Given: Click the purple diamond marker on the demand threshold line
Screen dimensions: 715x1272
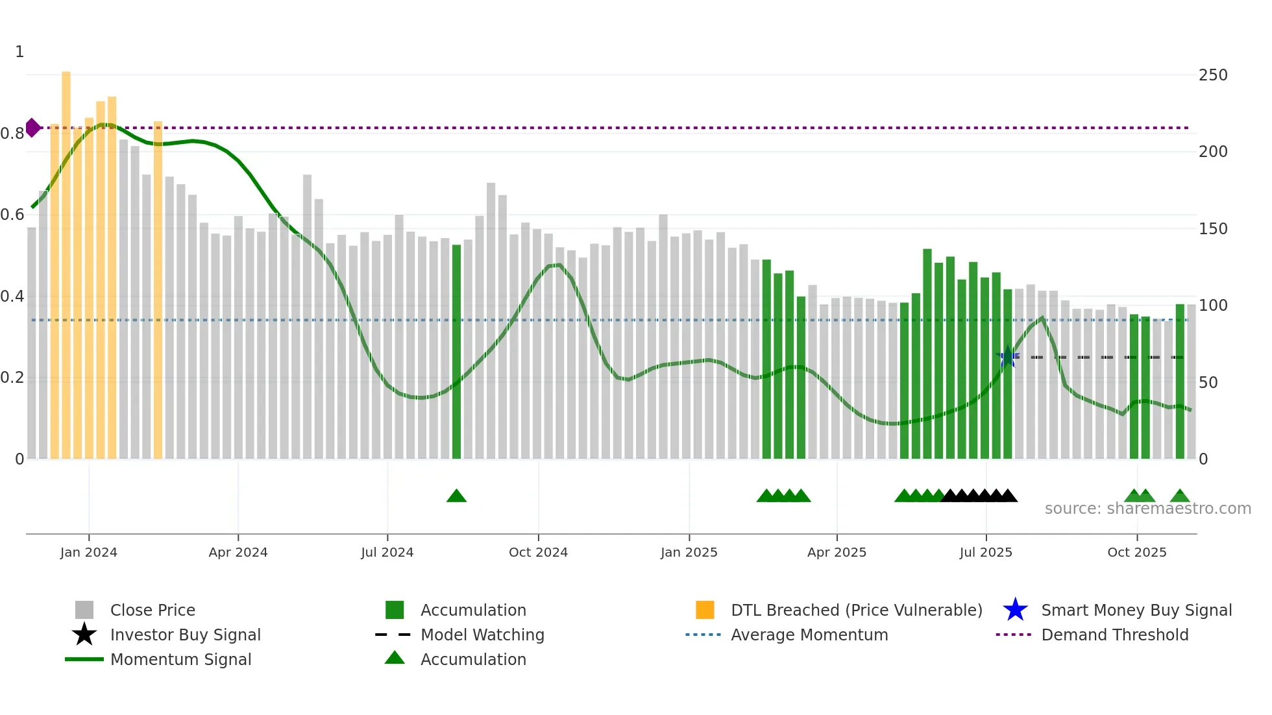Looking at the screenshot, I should (x=32, y=128).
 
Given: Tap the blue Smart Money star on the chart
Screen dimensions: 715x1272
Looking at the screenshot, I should (x=1008, y=356).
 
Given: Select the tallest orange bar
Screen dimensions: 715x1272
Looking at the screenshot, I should (x=66, y=260).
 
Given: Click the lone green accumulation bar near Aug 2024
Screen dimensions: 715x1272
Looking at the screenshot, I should (x=456, y=350).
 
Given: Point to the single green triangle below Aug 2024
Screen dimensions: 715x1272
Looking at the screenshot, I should (x=456, y=496).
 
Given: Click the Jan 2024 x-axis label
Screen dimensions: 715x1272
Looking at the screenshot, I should (x=89, y=552).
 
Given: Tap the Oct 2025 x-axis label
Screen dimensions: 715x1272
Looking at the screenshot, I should (x=1136, y=552).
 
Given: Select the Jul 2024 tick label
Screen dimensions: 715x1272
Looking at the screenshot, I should (x=387, y=552).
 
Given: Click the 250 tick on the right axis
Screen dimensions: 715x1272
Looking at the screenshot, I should (x=1212, y=75).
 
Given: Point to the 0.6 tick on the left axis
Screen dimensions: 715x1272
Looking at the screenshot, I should (x=13, y=215).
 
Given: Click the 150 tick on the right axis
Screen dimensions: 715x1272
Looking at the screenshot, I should (x=1212, y=229).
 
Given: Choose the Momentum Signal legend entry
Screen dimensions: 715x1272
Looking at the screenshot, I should (x=180, y=659).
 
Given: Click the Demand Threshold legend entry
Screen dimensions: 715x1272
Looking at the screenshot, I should (x=1114, y=635).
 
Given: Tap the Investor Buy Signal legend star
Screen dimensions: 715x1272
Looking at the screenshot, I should (x=84, y=635).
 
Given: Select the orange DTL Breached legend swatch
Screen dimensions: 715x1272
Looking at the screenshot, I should (x=705, y=610).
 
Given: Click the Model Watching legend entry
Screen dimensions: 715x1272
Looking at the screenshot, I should (x=482, y=635).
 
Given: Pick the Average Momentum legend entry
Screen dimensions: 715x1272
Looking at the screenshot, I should (x=809, y=635).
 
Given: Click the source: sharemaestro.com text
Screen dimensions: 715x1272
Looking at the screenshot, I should (x=1147, y=509).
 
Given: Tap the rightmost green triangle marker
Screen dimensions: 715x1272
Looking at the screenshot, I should (x=1180, y=496).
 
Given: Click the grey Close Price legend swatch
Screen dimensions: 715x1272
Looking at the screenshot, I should (x=84, y=610).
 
